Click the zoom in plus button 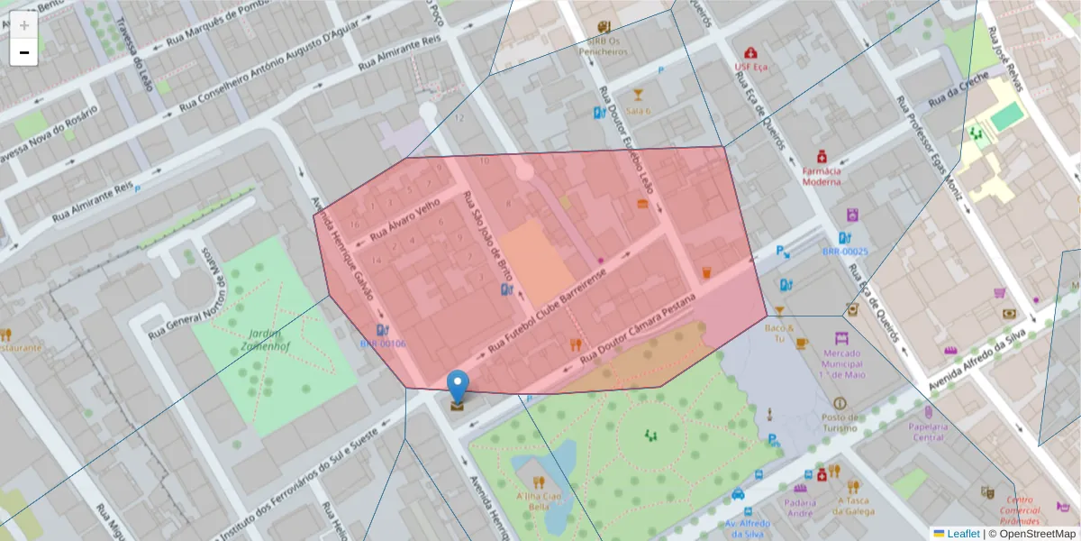pos(24,25)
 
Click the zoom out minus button pos(24,52)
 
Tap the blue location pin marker pos(459,387)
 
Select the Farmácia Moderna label pos(821,175)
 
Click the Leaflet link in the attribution pos(962,534)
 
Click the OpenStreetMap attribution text pos(1037,534)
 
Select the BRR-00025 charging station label pos(844,252)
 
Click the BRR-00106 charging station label pos(383,344)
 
